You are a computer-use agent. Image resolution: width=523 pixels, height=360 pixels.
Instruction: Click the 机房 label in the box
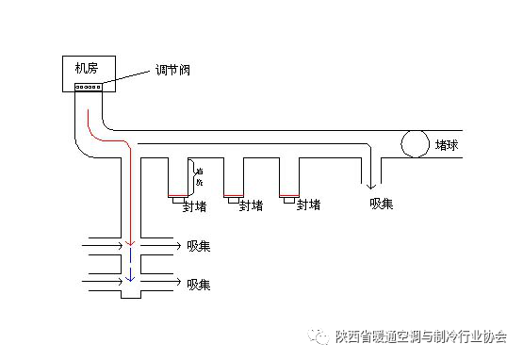pyautogui.click(x=88, y=67)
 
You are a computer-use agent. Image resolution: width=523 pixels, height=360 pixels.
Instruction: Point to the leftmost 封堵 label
pyautogui.click(x=195, y=205)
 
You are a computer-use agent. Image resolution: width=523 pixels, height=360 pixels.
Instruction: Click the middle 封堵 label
pyautogui.click(x=251, y=205)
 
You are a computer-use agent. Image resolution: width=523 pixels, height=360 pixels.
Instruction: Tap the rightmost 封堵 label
pyautogui.click(x=306, y=205)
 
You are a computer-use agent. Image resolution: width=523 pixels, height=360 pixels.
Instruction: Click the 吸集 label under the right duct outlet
pyautogui.click(x=383, y=204)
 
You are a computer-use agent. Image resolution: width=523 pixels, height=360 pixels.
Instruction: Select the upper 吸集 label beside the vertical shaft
pyautogui.click(x=199, y=246)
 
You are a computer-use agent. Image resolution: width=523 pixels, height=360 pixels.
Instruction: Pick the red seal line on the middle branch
pyautogui.click(x=233, y=195)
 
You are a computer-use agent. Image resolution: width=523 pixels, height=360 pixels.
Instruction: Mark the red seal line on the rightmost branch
pyautogui.click(x=288, y=195)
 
